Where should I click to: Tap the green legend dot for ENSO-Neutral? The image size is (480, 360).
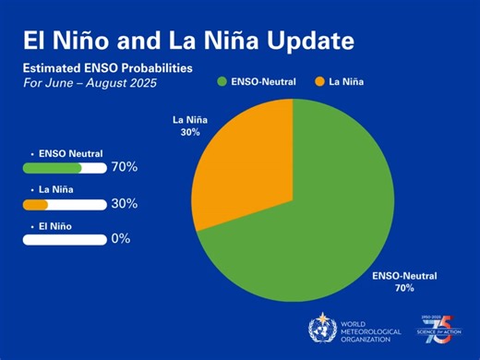222,82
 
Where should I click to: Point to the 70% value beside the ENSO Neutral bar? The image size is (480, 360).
124,167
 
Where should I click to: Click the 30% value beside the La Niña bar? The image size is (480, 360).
124,203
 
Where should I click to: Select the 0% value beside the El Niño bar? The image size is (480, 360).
120,238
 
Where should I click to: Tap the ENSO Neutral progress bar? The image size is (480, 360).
65,168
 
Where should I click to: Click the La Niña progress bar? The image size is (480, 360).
65,204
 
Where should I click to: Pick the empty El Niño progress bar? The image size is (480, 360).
65,239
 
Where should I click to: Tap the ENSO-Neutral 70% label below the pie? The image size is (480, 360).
404,282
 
